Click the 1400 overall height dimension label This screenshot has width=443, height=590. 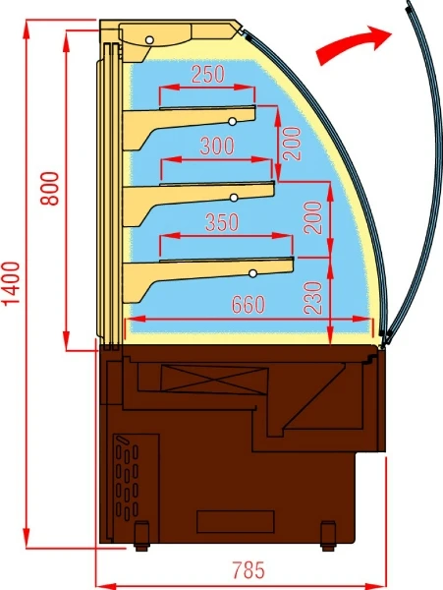(11, 284)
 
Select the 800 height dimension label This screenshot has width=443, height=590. (49, 188)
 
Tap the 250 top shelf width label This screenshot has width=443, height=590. (208, 74)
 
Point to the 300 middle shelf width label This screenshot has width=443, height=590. (217, 147)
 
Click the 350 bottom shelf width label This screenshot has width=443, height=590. (222, 222)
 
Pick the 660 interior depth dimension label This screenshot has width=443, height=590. (248, 304)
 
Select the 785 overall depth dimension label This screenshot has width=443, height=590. (248, 570)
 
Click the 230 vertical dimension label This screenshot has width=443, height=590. (313, 298)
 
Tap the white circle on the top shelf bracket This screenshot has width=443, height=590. (233, 121)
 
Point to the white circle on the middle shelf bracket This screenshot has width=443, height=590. (234, 198)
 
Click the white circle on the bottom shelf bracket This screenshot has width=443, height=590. (252, 273)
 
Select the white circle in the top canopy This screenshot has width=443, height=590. (149, 40)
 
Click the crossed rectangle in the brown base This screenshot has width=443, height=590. (214, 380)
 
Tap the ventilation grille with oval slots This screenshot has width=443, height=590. (127, 478)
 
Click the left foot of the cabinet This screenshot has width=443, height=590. (141, 536)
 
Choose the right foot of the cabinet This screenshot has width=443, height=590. (328, 536)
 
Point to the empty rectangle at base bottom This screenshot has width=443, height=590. (236, 522)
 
